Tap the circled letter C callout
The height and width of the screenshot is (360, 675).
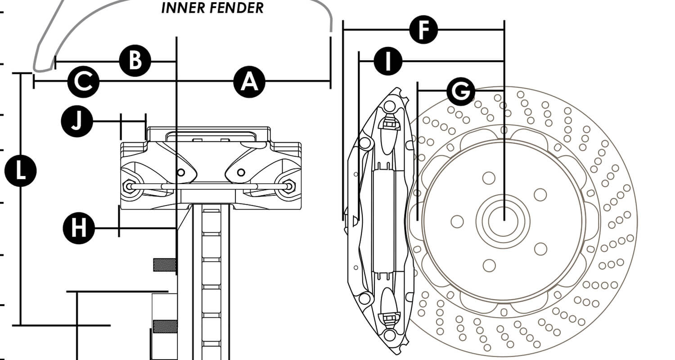click(83, 81)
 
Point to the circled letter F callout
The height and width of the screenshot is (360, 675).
click(423, 30)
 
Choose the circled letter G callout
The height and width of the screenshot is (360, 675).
click(460, 91)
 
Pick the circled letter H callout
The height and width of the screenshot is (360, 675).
click(79, 228)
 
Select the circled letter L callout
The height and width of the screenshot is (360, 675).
click(20, 171)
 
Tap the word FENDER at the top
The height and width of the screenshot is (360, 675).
click(238, 8)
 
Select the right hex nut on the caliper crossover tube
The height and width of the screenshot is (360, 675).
click(288, 185)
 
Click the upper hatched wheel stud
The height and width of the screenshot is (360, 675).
click(164, 265)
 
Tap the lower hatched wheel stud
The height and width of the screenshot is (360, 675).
click(165, 326)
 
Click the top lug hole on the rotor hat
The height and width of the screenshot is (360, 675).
click(488, 178)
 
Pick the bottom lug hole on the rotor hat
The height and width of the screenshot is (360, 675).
click(488, 265)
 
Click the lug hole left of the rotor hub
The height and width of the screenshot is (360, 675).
click(457, 221)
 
